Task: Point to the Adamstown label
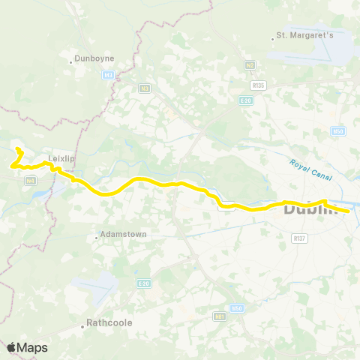click(125, 235)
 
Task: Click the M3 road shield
click(109, 74)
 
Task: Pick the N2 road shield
click(250, 65)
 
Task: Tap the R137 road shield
click(300, 238)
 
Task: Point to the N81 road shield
click(220, 318)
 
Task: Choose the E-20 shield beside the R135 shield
click(245, 100)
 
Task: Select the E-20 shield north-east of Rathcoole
click(145, 283)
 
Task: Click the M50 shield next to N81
click(238, 307)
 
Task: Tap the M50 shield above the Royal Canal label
click(338, 131)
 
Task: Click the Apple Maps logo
click(28, 347)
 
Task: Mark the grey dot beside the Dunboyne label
click(70, 61)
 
